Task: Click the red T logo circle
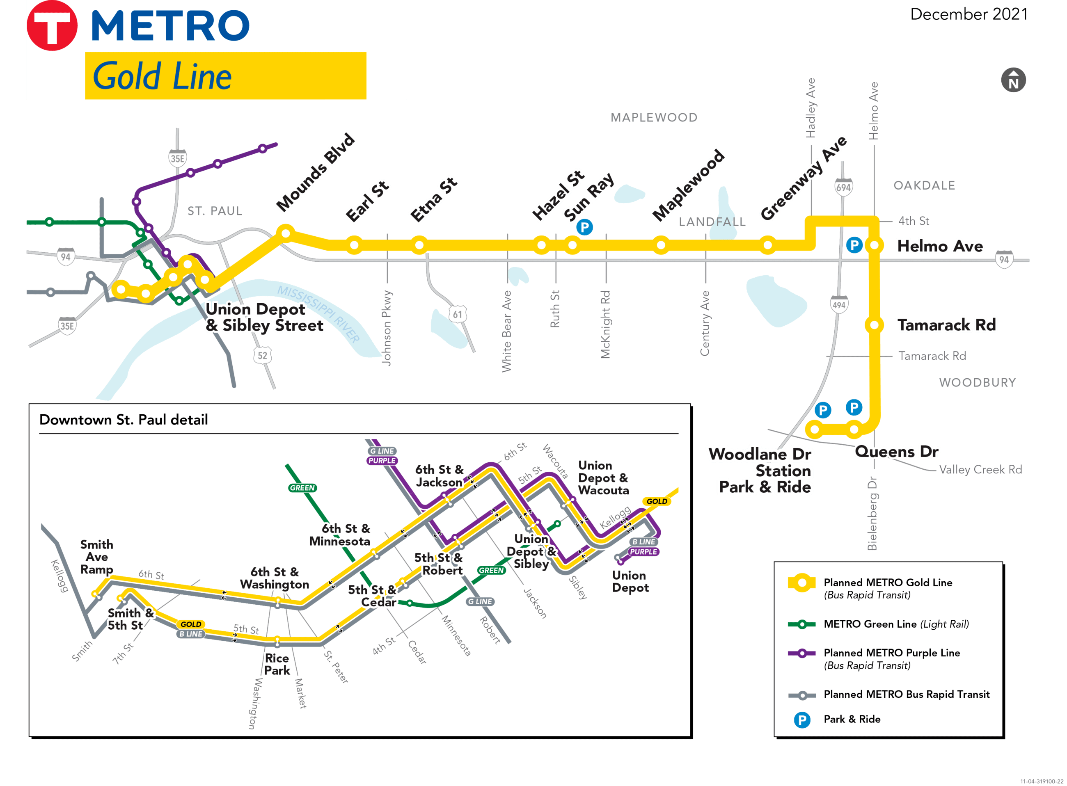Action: coord(51,26)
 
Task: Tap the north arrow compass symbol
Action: coord(1013,80)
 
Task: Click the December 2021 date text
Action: coord(969,14)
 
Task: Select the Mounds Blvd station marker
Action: coord(286,233)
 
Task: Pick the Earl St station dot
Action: coord(354,245)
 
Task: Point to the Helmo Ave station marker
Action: coord(874,245)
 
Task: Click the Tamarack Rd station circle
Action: coord(874,325)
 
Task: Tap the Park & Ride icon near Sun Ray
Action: coord(584,227)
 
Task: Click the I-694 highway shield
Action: coord(843,187)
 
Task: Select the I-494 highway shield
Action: coord(838,305)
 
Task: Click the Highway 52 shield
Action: coord(262,355)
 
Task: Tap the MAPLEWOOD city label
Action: coord(654,117)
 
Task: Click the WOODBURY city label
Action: coord(977,382)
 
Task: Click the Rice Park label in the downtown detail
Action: coord(277,664)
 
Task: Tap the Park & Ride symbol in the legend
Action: coord(802,720)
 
